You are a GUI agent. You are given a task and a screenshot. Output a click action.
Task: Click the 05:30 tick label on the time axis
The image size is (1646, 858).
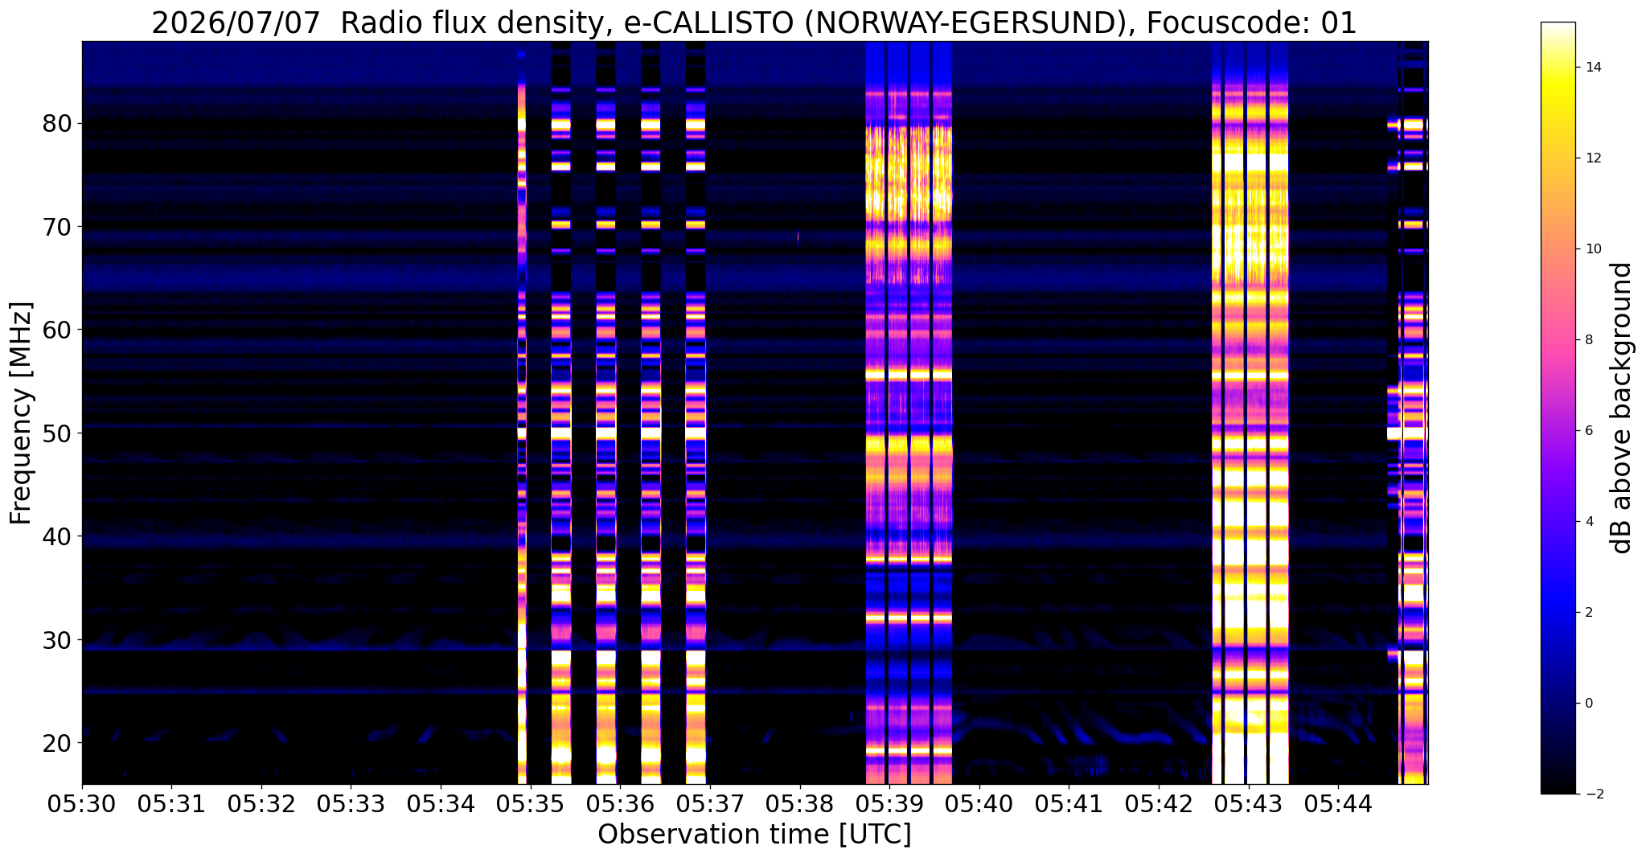pos(81,804)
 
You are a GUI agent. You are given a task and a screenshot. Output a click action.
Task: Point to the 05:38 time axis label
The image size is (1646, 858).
pos(799,804)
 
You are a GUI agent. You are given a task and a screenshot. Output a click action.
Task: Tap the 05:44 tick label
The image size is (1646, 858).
pos(1338,804)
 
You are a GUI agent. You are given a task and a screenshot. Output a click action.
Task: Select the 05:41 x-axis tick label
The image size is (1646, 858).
pos(1069,804)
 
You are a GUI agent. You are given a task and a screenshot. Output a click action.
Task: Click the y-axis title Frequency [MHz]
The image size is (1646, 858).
pos(21,413)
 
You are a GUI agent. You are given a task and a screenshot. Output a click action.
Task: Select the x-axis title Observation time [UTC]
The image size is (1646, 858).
pos(754,835)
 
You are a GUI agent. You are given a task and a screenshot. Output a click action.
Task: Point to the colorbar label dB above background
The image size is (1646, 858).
pos(1622,408)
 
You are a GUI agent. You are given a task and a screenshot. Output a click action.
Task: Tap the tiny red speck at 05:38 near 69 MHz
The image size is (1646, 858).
pos(798,236)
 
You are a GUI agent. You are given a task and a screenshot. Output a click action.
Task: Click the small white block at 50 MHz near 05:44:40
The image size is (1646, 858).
pos(1394,433)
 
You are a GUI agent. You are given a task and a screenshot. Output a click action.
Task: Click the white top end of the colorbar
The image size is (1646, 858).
pos(1558,26)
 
